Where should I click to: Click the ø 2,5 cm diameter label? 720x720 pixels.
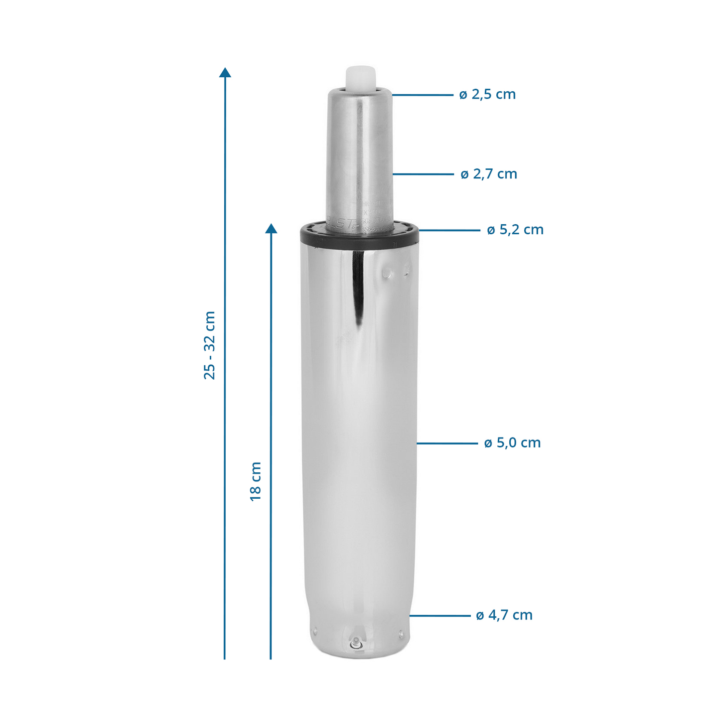click(487, 94)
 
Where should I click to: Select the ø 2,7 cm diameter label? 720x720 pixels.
click(489, 174)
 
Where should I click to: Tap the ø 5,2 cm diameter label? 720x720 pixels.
click(515, 230)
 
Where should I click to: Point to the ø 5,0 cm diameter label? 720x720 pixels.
click(512, 443)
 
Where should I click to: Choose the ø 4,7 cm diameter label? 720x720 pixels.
click(504, 615)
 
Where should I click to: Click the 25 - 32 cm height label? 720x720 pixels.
click(210, 345)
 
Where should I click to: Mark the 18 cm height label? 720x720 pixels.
click(256, 481)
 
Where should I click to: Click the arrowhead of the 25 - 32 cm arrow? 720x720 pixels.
click(225, 73)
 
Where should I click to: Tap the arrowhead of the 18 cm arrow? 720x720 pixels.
click(271, 229)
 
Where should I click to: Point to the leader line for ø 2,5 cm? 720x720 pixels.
click(423, 95)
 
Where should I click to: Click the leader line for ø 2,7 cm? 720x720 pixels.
click(424, 174)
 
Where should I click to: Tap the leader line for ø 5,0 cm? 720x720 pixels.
click(447, 443)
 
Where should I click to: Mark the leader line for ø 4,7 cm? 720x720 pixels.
click(440, 616)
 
